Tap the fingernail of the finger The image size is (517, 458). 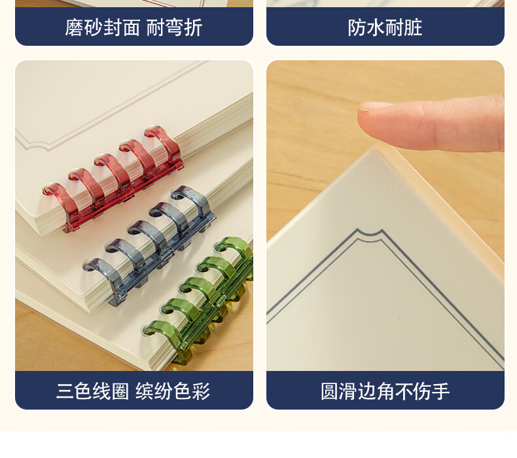[375, 107]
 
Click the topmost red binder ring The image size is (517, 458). [164, 145]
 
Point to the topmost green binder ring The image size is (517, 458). [235, 251]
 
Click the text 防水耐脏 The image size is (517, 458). [385, 27]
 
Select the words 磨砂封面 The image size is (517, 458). [103, 27]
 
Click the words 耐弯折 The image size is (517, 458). [174, 27]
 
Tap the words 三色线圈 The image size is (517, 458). [93, 391]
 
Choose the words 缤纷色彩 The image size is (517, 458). [173, 391]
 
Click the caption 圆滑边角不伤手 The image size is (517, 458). [385, 391]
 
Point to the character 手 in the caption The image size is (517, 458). [440, 391]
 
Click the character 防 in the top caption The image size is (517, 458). [357, 27]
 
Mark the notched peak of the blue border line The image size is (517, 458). [370, 233]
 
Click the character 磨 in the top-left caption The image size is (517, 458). [74, 27]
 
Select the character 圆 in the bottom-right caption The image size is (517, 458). [330, 391]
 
